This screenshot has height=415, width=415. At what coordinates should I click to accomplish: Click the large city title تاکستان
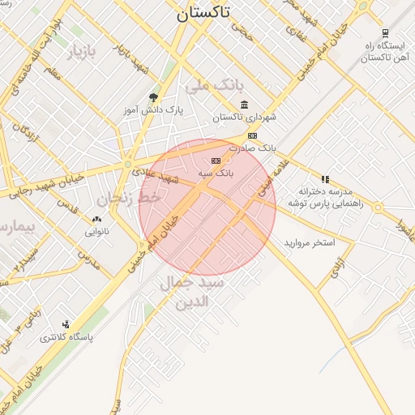click(202, 13)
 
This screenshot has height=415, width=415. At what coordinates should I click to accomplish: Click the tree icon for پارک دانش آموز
click(152, 98)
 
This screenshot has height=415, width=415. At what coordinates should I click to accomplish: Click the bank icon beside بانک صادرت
click(253, 135)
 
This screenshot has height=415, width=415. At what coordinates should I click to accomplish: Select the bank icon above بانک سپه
click(215, 160)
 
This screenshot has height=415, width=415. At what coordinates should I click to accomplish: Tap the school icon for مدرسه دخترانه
click(325, 179)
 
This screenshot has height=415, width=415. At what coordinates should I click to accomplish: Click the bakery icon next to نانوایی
click(97, 219)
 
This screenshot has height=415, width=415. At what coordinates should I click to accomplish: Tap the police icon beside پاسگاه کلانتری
click(66, 323)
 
